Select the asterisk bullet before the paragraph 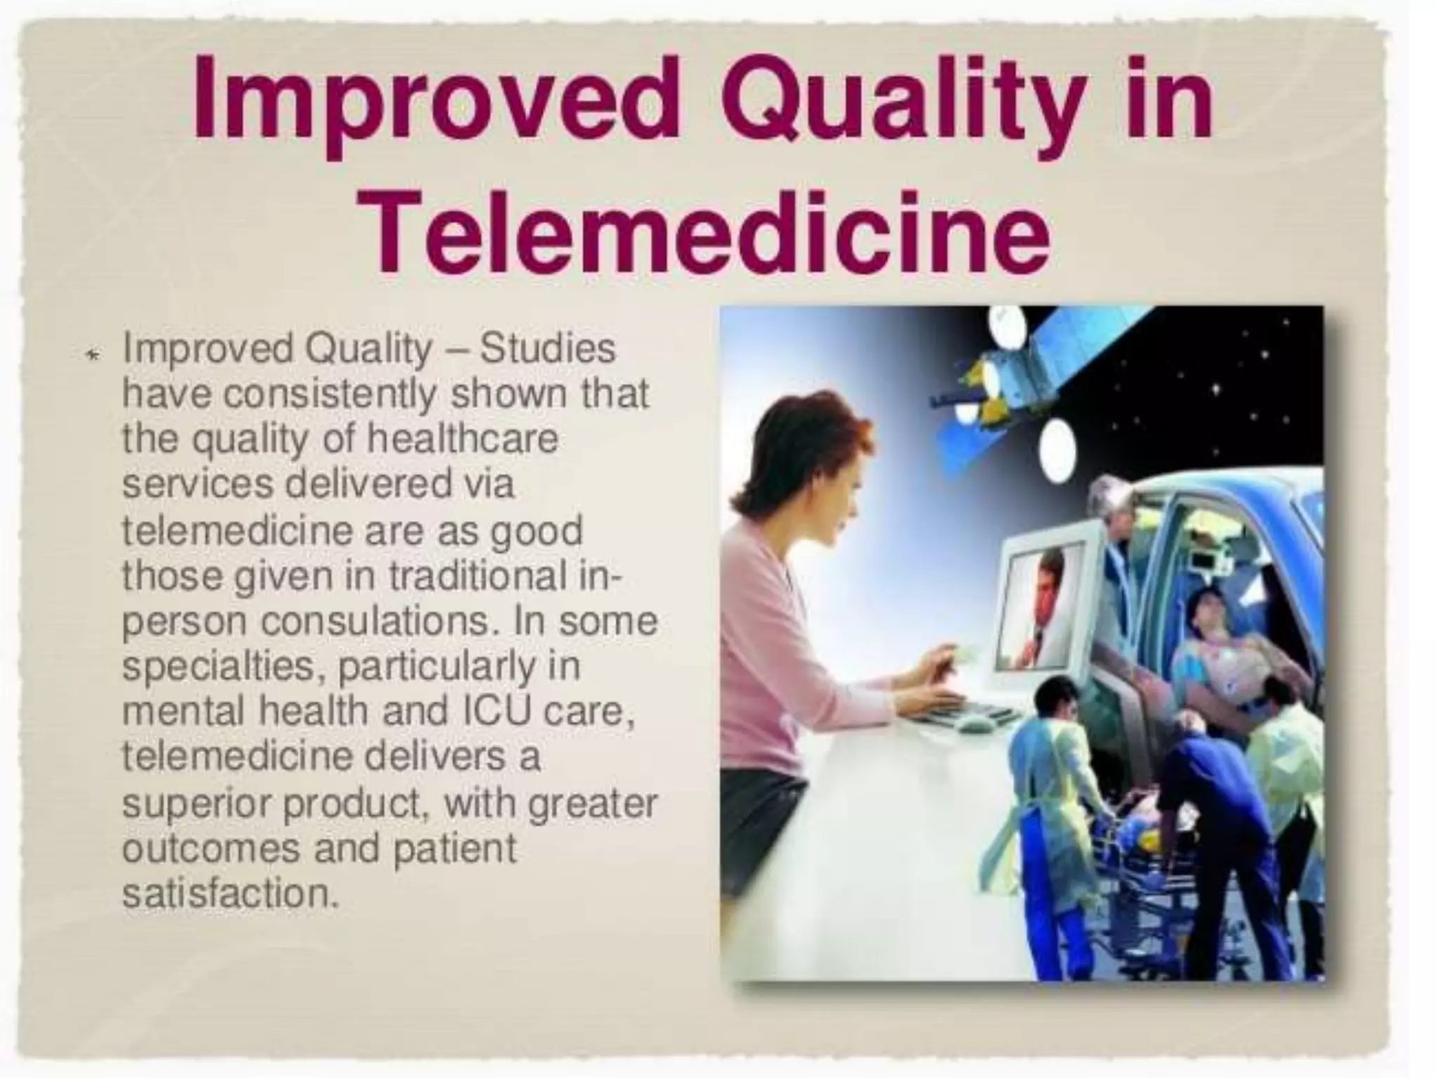91,357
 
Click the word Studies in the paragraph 547,349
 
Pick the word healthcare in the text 462,439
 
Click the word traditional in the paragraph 477,576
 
